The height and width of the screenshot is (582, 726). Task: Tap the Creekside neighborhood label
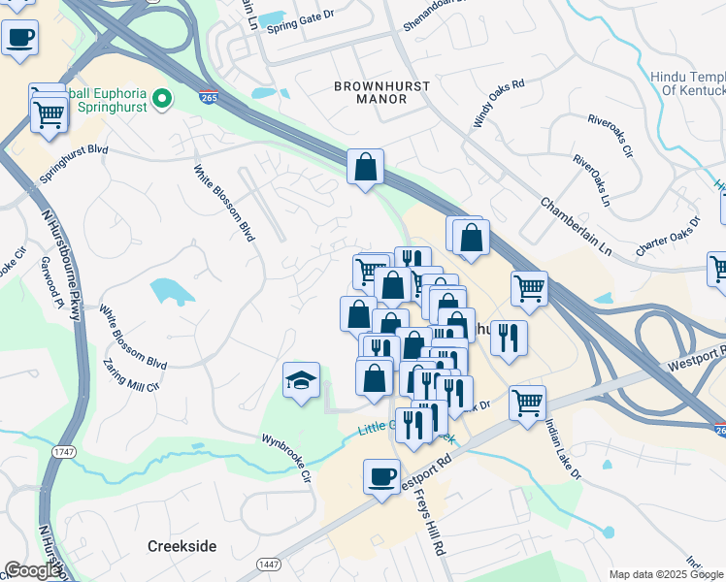click(x=181, y=546)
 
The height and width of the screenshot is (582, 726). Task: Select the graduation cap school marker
click(x=302, y=381)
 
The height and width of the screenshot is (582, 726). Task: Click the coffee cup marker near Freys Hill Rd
click(x=381, y=477)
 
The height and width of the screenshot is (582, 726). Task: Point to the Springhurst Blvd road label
click(x=73, y=166)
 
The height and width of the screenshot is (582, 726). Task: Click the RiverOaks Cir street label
click(x=610, y=137)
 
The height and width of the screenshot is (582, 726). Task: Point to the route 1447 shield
click(x=269, y=564)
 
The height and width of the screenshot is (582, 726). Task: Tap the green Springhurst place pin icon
click(x=163, y=97)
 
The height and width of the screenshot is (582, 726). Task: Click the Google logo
click(x=32, y=571)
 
